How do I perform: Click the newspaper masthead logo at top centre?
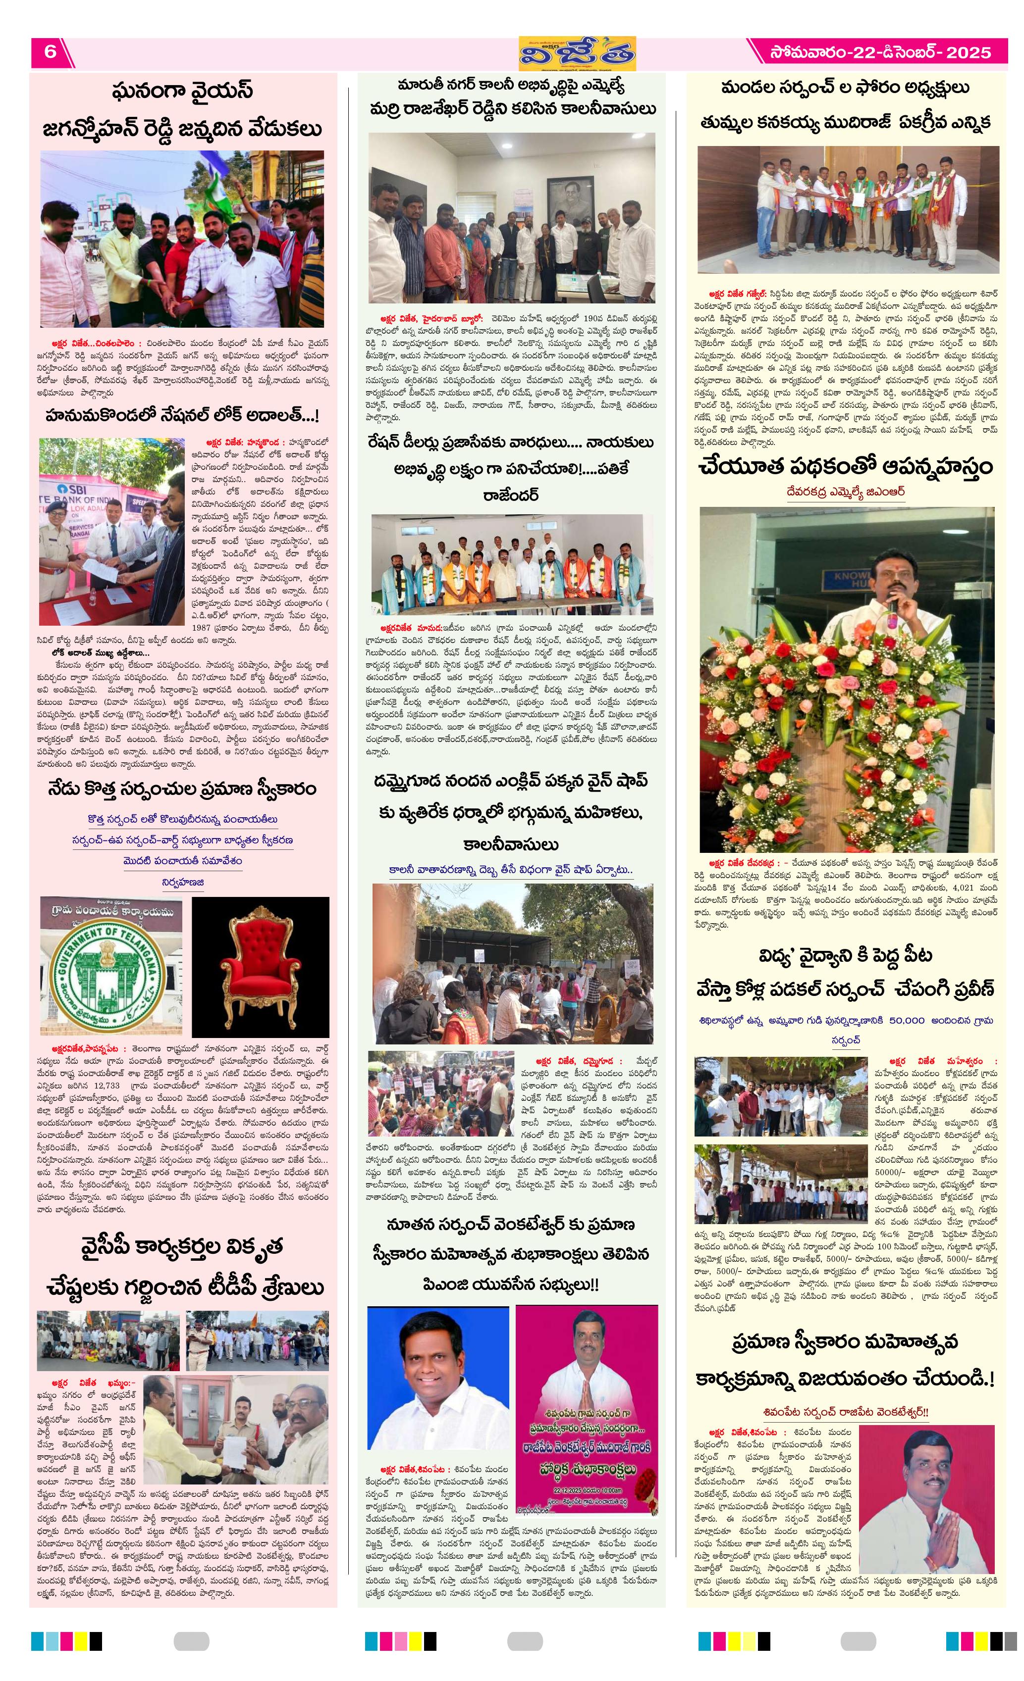click(577, 53)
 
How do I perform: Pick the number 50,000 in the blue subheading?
click(907, 1021)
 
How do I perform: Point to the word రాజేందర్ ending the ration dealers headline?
click(511, 494)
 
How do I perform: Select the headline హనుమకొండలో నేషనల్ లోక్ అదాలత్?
click(182, 415)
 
